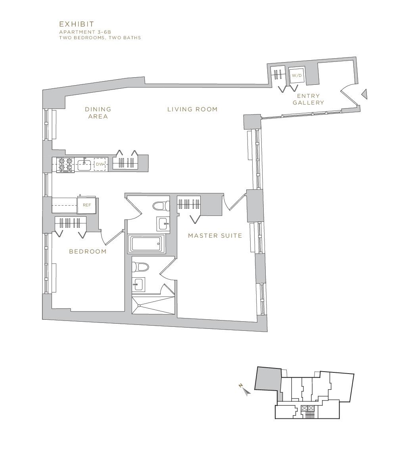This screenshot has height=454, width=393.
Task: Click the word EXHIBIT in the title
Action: (x=77, y=24)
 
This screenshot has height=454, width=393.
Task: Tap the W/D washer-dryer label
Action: (x=297, y=76)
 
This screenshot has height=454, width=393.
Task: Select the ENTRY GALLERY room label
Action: (x=308, y=99)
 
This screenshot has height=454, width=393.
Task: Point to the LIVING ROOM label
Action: (x=192, y=109)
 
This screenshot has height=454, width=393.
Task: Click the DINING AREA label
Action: (x=98, y=113)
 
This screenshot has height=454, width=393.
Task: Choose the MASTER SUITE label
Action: (x=215, y=236)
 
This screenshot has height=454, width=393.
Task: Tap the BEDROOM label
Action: (x=88, y=252)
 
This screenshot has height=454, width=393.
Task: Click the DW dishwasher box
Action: (x=100, y=164)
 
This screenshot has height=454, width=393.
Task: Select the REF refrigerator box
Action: (x=86, y=205)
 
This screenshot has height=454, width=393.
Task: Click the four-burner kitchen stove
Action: (x=65, y=165)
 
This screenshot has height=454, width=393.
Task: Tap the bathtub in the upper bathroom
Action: (x=146, y=244)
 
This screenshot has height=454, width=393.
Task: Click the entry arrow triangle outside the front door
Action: (x=364, y=94)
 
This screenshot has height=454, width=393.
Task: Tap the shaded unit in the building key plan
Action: (x=268, y=379)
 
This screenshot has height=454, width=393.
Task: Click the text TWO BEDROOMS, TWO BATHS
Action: (x=100, y=38)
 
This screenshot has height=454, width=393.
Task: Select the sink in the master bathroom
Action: (x=138, y=284)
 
